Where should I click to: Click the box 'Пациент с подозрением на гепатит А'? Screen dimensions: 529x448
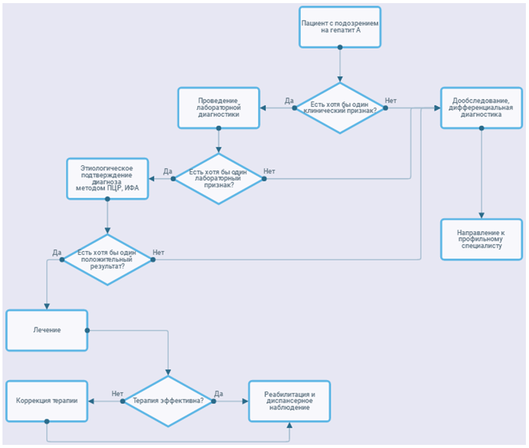340,27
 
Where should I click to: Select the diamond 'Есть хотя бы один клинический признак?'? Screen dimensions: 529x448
340,108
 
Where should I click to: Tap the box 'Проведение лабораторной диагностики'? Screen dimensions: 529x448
219,108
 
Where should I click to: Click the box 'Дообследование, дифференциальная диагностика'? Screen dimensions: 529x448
481,108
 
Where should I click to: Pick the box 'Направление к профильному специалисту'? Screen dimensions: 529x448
481,239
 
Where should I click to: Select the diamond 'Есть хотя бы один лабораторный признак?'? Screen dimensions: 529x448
219,179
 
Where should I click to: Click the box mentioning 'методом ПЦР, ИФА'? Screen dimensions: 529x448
108,179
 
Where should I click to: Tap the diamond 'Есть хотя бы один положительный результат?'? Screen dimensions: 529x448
108,260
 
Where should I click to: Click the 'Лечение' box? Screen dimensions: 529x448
47,330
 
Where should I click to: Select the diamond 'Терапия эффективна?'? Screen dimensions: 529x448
168,401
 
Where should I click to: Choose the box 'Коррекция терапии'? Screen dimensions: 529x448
47,401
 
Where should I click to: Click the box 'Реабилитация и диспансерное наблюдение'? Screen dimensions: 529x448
289,401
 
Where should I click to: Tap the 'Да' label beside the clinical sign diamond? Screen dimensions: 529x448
289,101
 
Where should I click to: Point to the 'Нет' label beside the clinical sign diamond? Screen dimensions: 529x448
391,101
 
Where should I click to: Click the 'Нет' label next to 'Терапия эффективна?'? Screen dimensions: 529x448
117,394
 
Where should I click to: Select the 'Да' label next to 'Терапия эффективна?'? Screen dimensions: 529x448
219,394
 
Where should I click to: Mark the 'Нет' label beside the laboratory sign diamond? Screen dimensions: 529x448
269,171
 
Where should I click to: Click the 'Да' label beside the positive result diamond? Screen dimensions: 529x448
57,252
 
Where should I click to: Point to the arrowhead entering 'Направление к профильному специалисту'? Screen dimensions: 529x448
481,216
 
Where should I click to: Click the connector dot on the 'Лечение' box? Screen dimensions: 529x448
87,330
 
